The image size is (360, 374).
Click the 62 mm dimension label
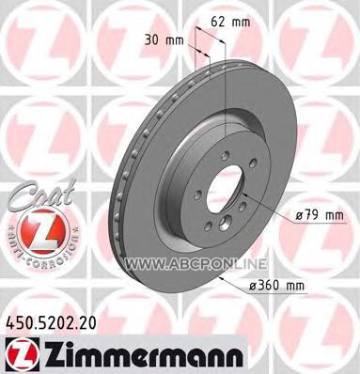click(x=231, y=22)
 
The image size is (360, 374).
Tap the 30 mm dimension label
click(x=164, y=40)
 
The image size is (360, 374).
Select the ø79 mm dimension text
click(x=320, y=215)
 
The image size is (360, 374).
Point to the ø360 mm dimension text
click(x=276, y=286)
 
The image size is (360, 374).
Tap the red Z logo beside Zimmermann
click(x=22, y=353)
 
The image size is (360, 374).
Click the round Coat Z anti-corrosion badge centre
click(x=42, y=233)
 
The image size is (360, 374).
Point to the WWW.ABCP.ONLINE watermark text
click(x=196, y=264)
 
